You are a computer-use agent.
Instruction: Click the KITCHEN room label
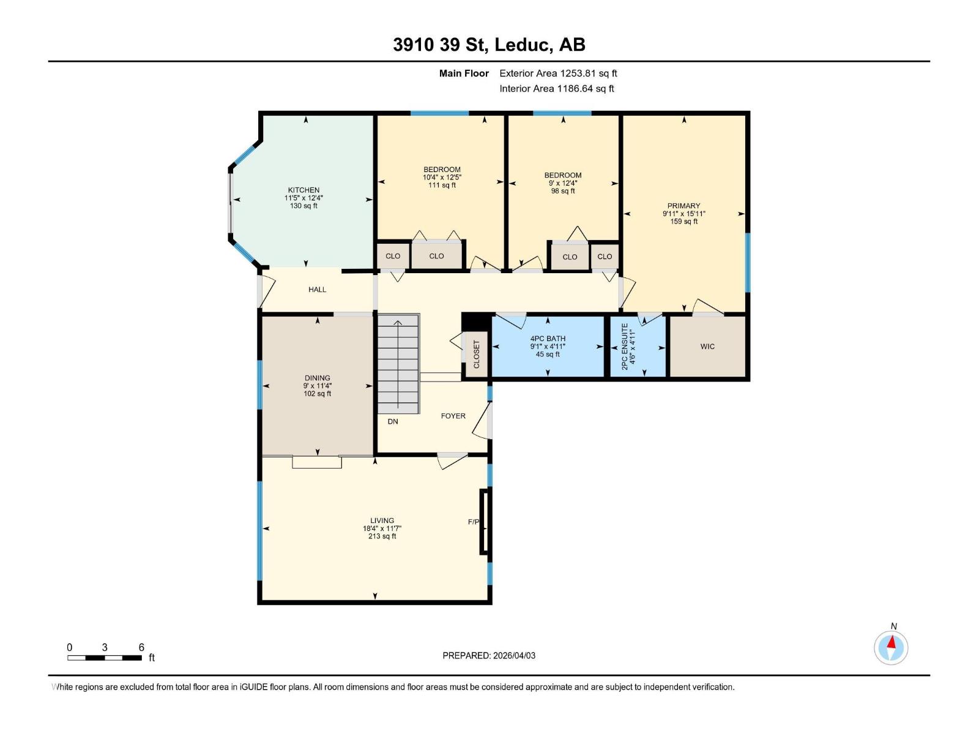click(x=303, y=190)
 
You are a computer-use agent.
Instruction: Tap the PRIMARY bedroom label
click(x=683, y=206)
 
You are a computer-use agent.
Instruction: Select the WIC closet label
click(x=707, y=346)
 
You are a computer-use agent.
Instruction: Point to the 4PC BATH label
click(x=548, y=339)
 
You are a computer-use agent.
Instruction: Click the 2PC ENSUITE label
click(x=625, y=347)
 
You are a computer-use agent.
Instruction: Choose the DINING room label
click(x=317, y=378)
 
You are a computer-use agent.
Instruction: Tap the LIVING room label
click(x=382, y=521)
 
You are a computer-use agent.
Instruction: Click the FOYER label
click(x=453, y=416)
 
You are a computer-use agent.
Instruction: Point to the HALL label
click(x=317, y=290)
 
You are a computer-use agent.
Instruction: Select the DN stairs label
click(x=392, y=421)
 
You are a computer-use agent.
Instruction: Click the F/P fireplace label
click(x=473, y=522)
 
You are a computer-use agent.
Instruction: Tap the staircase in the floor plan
click(x=398, y=364)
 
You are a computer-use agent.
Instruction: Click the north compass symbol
click(x=891, y=647)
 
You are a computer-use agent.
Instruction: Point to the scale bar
click(x=105, y=658)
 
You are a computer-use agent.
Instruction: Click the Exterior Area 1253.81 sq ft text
click(x=558, y=73)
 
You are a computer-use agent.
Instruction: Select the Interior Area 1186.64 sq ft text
click(x=557, y=88)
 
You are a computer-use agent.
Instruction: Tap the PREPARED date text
click(x=489, y=655)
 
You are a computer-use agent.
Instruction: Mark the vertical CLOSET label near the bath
click(x=476, y=355)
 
